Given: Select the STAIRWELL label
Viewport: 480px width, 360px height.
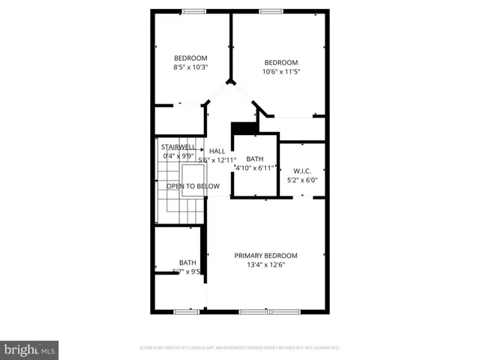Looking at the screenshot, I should (178, 147).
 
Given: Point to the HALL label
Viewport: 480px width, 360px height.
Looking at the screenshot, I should (217, 151).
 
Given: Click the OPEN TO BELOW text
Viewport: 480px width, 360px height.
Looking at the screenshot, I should (193, 186).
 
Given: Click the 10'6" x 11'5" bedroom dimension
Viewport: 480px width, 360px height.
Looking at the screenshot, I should (281, 72).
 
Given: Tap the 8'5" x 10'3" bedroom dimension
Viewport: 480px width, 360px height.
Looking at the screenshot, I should (190, 67).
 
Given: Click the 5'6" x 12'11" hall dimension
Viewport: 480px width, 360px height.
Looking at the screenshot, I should (217, 160).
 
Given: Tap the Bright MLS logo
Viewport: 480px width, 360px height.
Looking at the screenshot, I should (29, 349).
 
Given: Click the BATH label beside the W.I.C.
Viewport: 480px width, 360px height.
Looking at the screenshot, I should (255, 159).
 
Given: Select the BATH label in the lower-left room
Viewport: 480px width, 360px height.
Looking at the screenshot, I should (187, 262).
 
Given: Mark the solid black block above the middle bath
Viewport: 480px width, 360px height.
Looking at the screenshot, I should (243, 129).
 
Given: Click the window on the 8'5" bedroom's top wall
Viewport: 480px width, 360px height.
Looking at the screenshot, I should (194, 11).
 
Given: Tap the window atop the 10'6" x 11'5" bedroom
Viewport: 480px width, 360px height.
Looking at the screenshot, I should (271, 11).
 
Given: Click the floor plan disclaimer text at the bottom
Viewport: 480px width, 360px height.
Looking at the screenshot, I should (240, 348).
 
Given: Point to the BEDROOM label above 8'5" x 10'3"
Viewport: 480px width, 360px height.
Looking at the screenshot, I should (190, 58).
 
